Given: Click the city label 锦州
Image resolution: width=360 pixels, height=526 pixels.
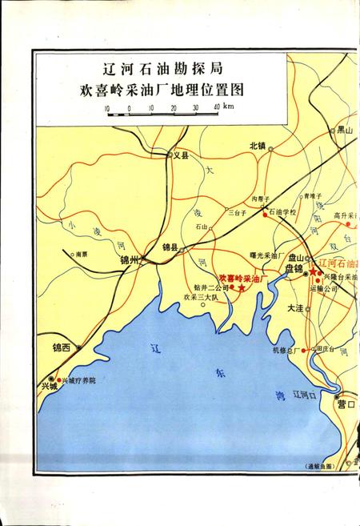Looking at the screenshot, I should click(130, 259).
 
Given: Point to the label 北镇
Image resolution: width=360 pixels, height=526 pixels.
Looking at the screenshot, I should click(258, 146).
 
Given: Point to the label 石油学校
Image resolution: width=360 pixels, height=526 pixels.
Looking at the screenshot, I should click(282, 212).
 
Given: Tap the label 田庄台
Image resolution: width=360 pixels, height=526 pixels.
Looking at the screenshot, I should click(325, 349).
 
